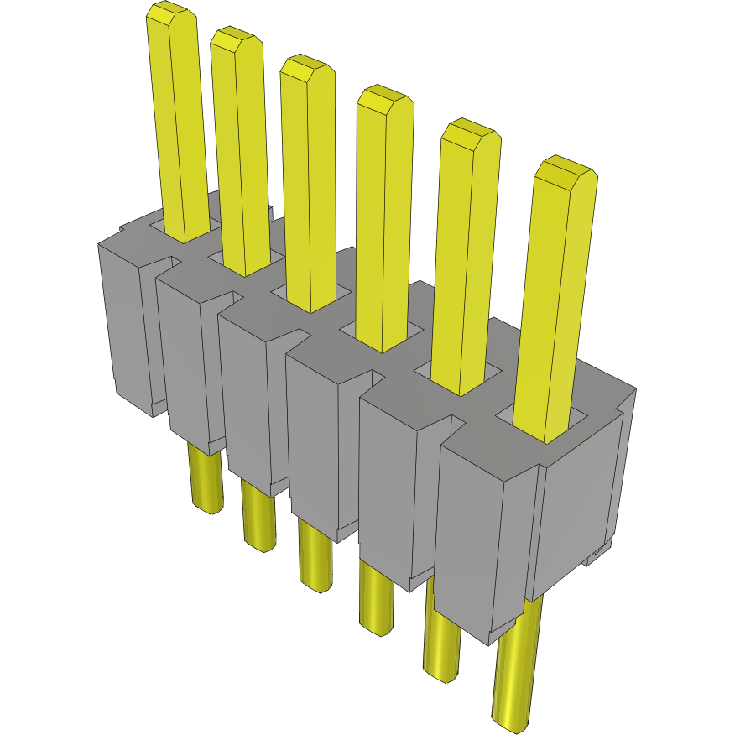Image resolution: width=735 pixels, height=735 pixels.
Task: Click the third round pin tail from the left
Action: [x=314, y=558]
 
